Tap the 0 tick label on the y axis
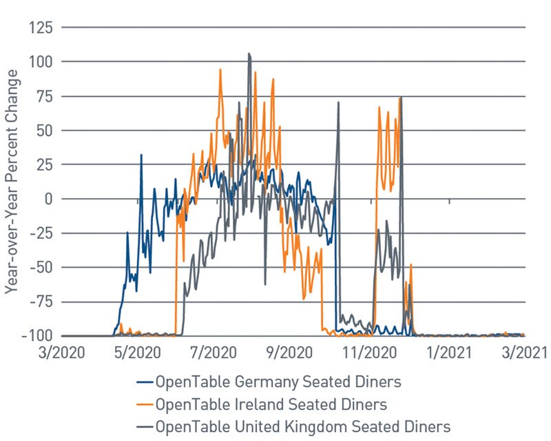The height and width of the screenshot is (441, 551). pyautogui.click(x=49, y=199)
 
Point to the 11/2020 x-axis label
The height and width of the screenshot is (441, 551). pyautogui.click(x=371, y=353)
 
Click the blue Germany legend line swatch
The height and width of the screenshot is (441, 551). pyautogui.click(x=145, y=382)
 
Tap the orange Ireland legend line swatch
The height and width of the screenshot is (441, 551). pyautogui.click(x=145, y=404)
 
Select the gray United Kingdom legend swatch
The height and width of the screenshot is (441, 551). pyautogui.click(x=145, y=425)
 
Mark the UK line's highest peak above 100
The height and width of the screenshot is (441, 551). pyautogui.click(x=249, y=54)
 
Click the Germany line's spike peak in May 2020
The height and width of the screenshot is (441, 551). pyautogui.click(x=141, y=155)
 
